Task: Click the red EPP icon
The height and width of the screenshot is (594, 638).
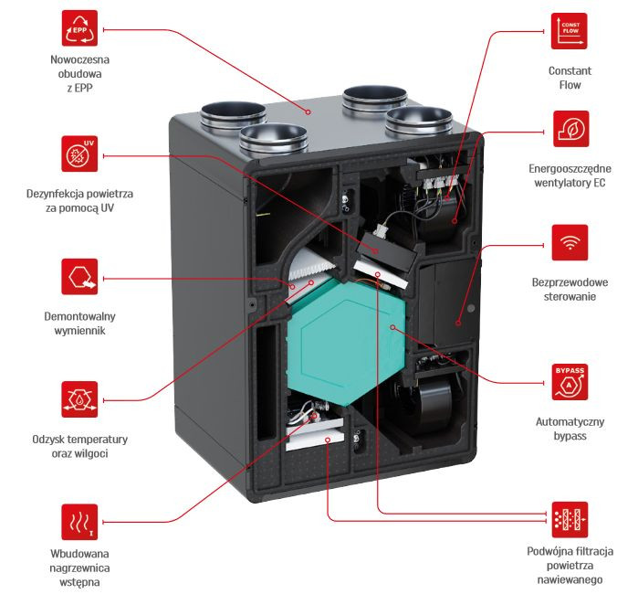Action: pos(78,29)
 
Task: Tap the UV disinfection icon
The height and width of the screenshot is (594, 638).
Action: pos(78,153)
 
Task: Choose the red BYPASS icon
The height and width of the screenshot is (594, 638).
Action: pos(570,383)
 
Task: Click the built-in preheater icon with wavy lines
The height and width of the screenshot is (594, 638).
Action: pos(78,520)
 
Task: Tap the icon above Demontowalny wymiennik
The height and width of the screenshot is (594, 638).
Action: pos(78,276)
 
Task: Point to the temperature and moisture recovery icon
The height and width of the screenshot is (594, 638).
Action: pos(78,398)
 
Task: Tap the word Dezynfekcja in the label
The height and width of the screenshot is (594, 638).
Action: pos(58,194)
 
